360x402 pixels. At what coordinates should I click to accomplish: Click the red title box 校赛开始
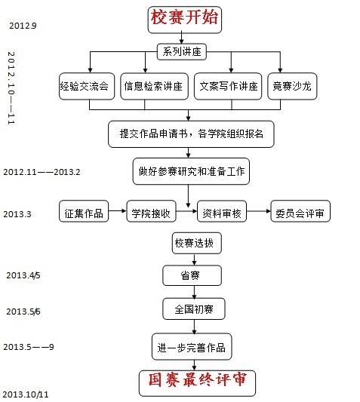pyautogui.click(x=184, y=20)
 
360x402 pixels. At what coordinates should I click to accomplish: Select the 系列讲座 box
pyautogui.click(x=182, y=52)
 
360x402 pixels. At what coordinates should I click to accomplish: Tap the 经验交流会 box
pyautogui.click(x=87, y=86)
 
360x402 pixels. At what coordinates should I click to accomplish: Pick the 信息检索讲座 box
pyautogui.click(x=154, y=86)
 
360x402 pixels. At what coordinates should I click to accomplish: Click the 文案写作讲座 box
pyautogui.click(x=228, y=86)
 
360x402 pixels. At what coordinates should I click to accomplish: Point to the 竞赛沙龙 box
pyautogui.click(x=292, y=86)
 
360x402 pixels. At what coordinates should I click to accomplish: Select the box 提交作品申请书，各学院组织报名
pyautogui.click(x=191, y=134)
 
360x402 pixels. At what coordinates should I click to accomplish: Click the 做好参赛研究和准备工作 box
pyautogui.click(x=191, y=171)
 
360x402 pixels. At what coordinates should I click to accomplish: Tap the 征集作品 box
pyautogui.click(x=84, y=211)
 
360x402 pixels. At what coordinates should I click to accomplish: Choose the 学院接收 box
pyautogui.click(x=152, y=211)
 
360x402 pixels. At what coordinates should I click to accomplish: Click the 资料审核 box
pyautogui.click(x=222, y=211)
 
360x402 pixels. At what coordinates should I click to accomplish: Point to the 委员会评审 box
pyautogui.click(x=300, y=211)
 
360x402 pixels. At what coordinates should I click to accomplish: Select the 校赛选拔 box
pyautogui.click(x=197, y=243)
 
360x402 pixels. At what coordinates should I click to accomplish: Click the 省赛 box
pyautogui.click(x=192, y=275)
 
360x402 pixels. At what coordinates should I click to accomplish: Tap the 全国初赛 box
pyautogui.click(x=194, y=308)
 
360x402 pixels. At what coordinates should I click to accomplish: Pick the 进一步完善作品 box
pyautogui.click(x=192, y=347)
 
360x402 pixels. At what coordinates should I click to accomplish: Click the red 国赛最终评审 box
pyautogui.click(x=197, y=383)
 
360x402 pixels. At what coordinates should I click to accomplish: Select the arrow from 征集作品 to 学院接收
pyautogui.click(x=117, y=211)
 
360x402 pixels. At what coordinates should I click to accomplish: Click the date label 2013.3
pyautogui.click(x=17, y=214)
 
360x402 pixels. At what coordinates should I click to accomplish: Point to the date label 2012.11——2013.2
pyautogui.click(x=42, y=172)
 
